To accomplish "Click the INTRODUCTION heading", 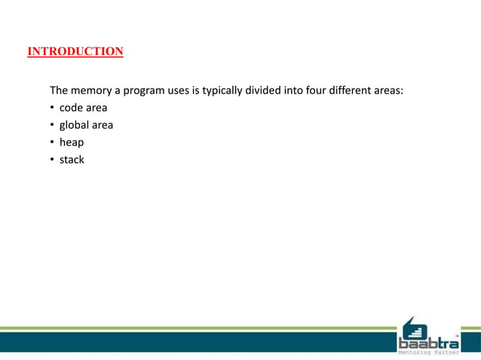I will (x=75, y=52).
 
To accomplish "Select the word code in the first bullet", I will (x=72, y=108).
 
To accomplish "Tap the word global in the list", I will (x=75, y=125).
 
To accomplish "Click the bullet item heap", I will (x=72, y=142).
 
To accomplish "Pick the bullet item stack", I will (x=72, y=160).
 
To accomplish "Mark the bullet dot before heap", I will (x=52, y=142).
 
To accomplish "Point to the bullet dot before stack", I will (x=52, y=160).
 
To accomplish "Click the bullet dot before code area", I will (x=52, y=108).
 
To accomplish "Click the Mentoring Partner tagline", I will (x=428, y=352).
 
